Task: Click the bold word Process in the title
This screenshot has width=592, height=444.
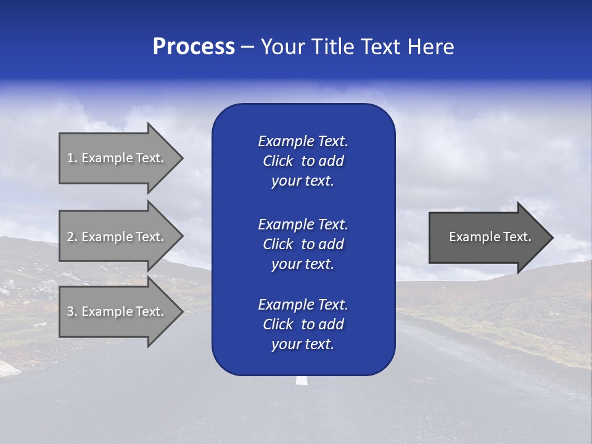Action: coord(194,47)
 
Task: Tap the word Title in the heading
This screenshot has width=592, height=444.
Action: coord(334,47)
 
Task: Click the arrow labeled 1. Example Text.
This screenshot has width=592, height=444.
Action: coord(117,158)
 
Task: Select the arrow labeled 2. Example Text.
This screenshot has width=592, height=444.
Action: coord(117,237)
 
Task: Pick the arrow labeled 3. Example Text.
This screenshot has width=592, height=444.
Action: coord(117,311)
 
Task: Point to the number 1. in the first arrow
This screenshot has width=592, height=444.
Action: coord(72,158)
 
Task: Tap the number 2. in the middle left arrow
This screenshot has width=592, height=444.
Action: coord(72,237)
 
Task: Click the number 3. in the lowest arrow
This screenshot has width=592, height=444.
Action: coord(72,311)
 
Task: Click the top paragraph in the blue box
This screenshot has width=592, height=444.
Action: coord(303,161)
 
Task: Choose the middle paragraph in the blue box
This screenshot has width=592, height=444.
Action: coord(303,244)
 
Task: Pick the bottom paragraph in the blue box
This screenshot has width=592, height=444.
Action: coord(303,324)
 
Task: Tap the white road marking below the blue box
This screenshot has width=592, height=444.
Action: coord(302,380)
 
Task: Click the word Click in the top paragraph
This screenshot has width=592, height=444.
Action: coord(278,161)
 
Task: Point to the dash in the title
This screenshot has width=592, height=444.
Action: coord(247,47)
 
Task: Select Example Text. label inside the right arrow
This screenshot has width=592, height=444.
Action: coord(490,237)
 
